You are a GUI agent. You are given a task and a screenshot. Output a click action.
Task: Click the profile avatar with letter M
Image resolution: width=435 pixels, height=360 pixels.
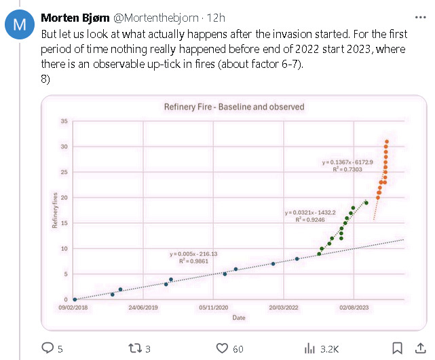click(20, 26)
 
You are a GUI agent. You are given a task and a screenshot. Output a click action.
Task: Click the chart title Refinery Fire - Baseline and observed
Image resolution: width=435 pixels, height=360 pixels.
click(234, 107)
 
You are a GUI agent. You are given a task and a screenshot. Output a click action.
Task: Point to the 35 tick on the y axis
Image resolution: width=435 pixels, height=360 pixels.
click(64, 122)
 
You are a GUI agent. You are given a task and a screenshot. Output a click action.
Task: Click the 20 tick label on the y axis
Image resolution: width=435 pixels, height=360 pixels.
click(64, 198)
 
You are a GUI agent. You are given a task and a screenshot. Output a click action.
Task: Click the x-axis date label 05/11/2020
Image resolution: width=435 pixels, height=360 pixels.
click(214, 308)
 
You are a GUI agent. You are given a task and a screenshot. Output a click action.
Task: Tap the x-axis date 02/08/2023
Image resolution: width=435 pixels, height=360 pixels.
click(354, 308)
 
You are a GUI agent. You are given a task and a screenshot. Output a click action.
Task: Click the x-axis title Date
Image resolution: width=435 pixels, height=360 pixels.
click(239, 317)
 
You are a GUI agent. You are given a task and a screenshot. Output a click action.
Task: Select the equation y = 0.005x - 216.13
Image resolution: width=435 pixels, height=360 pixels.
click(193, 253)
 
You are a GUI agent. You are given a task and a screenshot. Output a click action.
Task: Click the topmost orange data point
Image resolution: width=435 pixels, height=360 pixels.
click(387, 142)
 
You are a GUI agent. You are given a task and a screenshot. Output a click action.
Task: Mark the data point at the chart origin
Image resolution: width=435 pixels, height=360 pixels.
click(75, 299)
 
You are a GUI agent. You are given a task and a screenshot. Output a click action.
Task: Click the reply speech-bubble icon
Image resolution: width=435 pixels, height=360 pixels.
click(48, 348)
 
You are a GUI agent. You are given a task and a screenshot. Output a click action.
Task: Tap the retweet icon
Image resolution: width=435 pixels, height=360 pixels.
click(135, 348)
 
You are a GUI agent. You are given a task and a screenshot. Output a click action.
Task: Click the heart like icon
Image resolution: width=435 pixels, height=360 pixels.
click(222, 348)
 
